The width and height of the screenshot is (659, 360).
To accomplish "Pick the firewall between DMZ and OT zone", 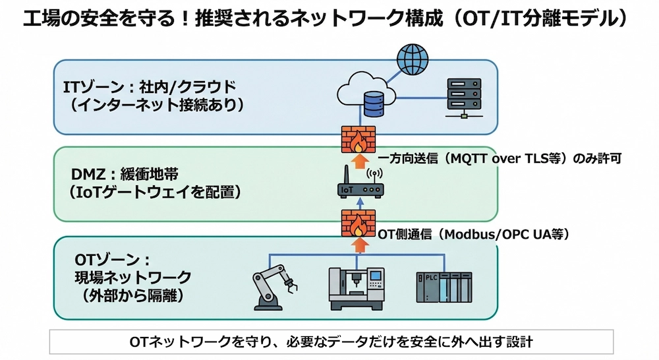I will [358, 224].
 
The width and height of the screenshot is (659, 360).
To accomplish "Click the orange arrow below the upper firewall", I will [358, 162].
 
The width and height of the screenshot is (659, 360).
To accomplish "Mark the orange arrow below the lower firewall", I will [358, 245].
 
